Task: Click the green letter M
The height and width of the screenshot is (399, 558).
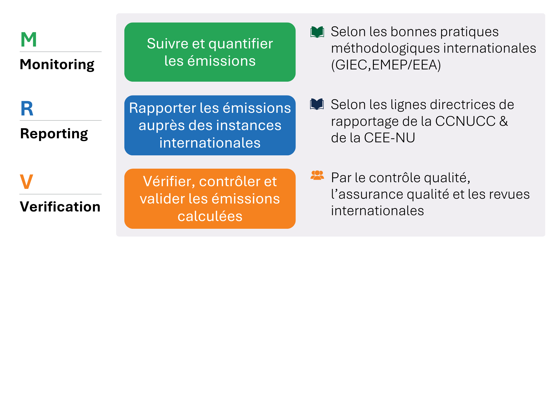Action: pyautogui.click(x=29, y=40)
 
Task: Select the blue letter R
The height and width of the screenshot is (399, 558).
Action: pyautogui.click(x=27, y=109)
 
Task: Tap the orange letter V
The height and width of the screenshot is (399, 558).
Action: pyautogui.click(x=27, y=182)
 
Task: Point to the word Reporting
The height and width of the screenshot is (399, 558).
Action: pyautogui.click(x=54, y=134)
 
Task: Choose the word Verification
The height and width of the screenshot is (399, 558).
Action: pyautogui.click(x=60, y=207)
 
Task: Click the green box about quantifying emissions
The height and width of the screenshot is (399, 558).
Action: pyautogui.click(x=210, y=52)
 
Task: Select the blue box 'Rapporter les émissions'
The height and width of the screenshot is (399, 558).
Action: pyautogui.click(x=210, y=125)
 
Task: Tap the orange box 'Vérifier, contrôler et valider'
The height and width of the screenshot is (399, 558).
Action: pyautogui.click(x=210, y=199)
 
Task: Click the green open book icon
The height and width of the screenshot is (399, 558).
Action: pyautogui.click(x=317, y=32)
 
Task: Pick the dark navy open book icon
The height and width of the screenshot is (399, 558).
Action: pyautogui.click(x=317, y=104)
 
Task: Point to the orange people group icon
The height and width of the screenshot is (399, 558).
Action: pyautogui.click(x=317, y=175)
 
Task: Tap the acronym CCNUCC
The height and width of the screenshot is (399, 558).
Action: pyautogui.click(x=465, y=121)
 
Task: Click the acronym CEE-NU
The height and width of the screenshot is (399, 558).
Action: pyautogui.click(x=390, y=138)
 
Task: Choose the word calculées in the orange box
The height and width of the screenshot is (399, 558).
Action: pyautogui.click(x=210, y=216)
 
